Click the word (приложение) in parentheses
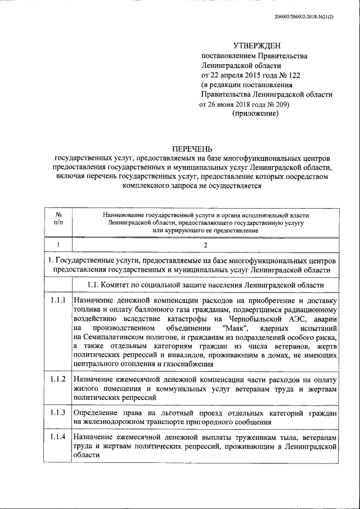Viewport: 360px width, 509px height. tap(255, 114)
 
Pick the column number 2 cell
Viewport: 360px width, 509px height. tap(205, 246)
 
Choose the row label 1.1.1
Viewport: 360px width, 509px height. tap(57, 300)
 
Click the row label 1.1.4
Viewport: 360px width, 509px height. tap(57, 437)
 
